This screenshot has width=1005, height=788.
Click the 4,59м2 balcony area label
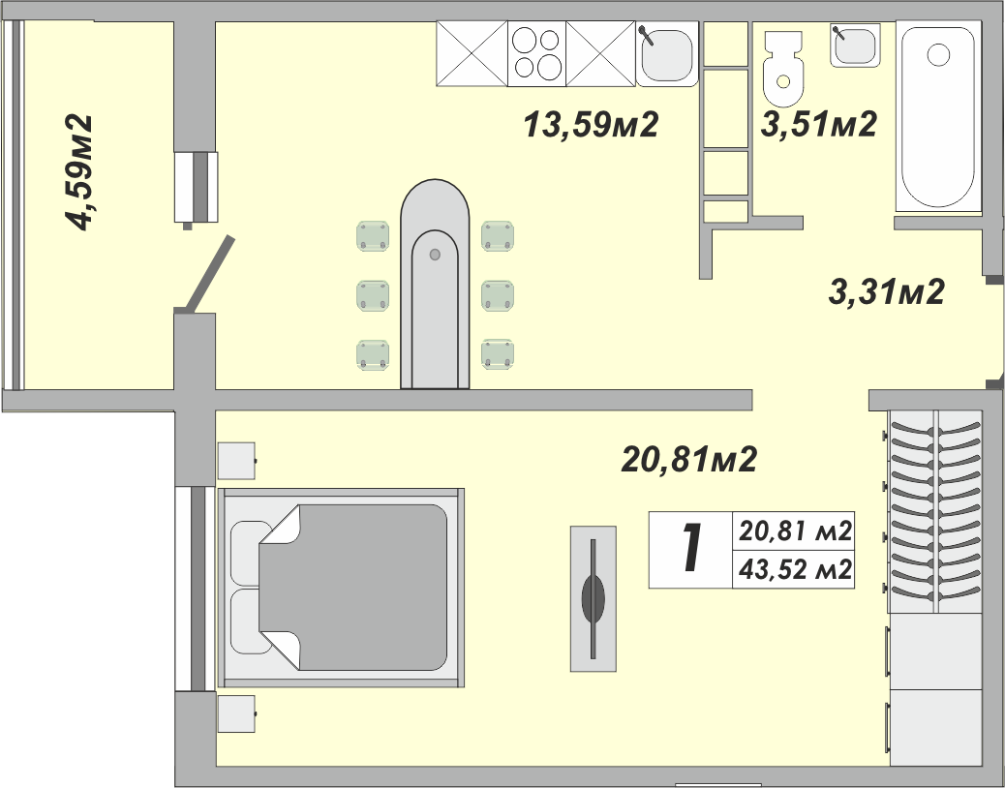[x=79, y=172]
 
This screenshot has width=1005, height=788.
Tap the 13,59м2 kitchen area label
[x=591, y=125]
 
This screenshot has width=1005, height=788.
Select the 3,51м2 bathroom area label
[x=818, y=125]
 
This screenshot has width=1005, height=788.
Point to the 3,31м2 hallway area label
[x=886, y=291]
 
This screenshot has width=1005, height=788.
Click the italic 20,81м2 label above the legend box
[x=687, y=460]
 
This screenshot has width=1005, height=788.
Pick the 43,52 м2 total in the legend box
[x=795, y=569]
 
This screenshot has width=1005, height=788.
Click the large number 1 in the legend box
[x=690, y=549]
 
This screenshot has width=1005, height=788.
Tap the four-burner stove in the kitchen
[x=536, y=53]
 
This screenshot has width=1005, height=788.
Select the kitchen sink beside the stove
[x=667, y=54]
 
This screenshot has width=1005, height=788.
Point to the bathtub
[x=937, y=116]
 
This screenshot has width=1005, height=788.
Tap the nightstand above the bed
[x=236, y=461]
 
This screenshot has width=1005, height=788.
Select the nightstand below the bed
[x=236, y=715]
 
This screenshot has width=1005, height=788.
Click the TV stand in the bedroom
[x=593, y=597]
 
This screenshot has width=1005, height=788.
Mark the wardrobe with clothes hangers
[x=935, y=511]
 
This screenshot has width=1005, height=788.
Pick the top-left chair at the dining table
[x=374, y=235]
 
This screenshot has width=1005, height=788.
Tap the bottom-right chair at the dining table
[x=498, y=354]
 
